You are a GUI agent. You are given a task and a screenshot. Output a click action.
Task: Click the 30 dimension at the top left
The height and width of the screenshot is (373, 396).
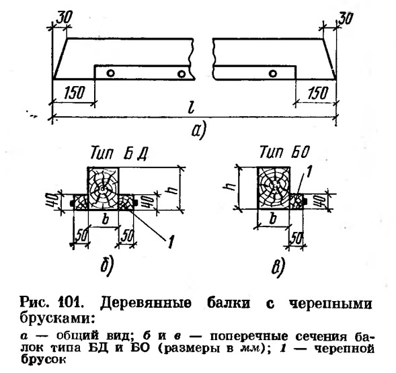(x=64, y=18)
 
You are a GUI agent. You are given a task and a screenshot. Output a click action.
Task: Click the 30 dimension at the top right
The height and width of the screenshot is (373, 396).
(x=345, y=18)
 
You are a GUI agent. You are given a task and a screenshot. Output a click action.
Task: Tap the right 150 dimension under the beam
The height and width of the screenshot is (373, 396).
(x=318, y=93)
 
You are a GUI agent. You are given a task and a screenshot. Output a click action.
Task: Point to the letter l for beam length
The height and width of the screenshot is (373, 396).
(x=192, y=109)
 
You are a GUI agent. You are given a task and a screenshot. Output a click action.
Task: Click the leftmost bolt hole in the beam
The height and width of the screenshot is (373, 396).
(x=110, y=73)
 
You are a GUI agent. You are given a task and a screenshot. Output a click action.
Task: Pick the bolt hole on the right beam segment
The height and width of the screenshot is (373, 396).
(x=273, y=73)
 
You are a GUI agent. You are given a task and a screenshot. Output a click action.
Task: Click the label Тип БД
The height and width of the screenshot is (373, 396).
(x=119, y=153)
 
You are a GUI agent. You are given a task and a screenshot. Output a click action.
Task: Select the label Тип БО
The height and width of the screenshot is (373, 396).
(x=284, y=153)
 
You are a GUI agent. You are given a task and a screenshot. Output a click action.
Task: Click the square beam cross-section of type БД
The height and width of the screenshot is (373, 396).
(x=103, y=188)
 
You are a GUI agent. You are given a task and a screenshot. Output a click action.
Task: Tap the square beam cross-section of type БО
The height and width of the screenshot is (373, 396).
(x=274, y=188)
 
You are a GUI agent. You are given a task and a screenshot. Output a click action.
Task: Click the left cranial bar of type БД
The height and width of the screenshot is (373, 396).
(x=80, y=202)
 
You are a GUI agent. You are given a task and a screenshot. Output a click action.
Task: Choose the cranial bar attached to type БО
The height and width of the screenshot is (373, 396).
(x=296, y=202)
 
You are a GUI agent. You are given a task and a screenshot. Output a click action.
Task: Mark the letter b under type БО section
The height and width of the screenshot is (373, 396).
(x=273, y=218)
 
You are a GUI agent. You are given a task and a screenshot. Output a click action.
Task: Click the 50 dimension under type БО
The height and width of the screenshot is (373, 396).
(x=296, y=238)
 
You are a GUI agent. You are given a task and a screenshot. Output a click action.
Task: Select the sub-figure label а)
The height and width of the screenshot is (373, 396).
(x=199, y=131)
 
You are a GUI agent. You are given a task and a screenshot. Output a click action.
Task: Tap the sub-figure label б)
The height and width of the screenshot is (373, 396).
(x=107, y=265)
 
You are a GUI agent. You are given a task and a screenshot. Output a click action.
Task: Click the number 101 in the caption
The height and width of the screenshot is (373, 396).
(x=71, y=302)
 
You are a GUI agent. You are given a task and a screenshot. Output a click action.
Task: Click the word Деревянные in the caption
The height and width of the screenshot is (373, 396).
(x=146, y=303)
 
